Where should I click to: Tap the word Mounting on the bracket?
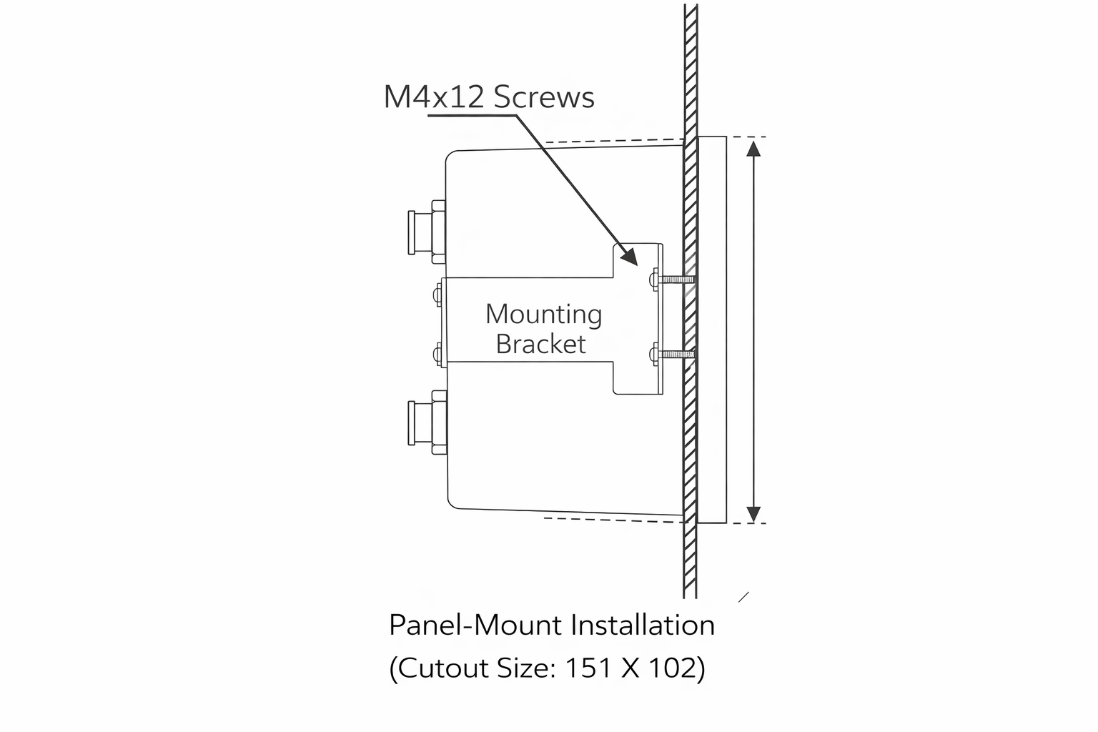coord(543,315)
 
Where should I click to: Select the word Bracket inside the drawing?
coord(540,345)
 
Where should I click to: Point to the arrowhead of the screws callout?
coord(629,257)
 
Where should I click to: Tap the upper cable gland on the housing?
coord(427,231)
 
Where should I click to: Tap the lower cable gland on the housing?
coord(427,423)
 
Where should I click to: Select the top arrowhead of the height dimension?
coord(753,148)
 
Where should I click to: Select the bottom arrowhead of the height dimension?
coord(753,513)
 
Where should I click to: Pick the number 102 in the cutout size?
coord(671,668)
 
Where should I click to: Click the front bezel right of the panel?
coord(712,329)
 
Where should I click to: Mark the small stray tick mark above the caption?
coord(743,597)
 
